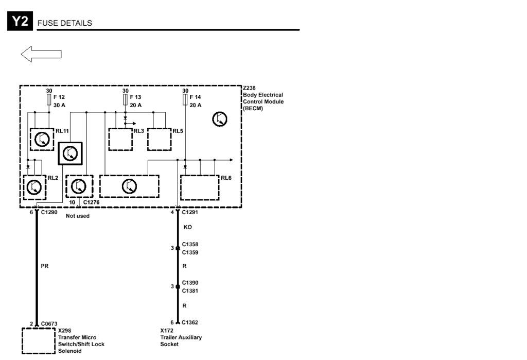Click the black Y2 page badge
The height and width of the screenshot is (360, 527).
click(x=20, y=21)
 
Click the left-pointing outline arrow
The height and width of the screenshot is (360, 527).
click(x=41, y=54)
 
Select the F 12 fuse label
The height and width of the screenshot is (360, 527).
click(x=59, y=97)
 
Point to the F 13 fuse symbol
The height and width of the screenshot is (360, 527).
click(x=126, y=99)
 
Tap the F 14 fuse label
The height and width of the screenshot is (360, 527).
click(x=195, y=97)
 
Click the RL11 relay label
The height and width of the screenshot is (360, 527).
click(x=62, y=131)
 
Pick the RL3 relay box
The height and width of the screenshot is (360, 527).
click(x=120, y=139)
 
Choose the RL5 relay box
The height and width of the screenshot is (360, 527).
click(x=160, y=139)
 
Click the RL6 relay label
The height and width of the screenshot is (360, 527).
click(x=226, y=178)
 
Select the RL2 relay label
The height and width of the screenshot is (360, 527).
click(x=53, y=178)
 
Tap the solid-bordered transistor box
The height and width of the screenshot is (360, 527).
click(x=70, y=153)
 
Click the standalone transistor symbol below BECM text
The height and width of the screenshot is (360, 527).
click(x=220, y=119)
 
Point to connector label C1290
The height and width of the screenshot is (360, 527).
click(x=49, y=212)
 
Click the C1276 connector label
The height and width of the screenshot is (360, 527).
click(x=92, y=202)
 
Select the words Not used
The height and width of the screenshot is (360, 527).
click(x=78, y=216)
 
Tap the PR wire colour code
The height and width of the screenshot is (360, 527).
click(x=45, y=266)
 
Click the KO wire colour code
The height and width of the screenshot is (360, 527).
click(x=187, y=227)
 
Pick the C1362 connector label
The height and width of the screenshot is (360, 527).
click(x=190, y=322)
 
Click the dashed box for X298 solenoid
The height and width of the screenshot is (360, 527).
click(x=39, y=341)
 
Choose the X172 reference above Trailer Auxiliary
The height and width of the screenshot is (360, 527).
click(x=167, y=331)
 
